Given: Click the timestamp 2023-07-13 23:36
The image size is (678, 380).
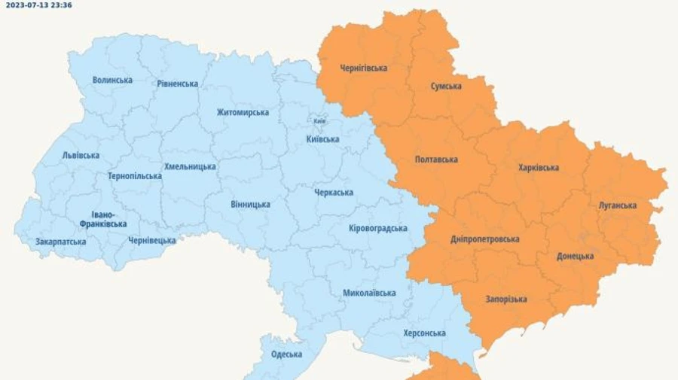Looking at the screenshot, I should coord(39,5).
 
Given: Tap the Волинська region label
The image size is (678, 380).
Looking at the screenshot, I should coord(112,80).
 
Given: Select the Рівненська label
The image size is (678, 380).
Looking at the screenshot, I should coord(178,84).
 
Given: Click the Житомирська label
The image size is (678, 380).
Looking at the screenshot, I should coord(243,112).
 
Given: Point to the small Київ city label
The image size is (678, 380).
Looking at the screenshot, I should coord(319,121).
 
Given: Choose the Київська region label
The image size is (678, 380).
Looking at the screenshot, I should coord(322,138).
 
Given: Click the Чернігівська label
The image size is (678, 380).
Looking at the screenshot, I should coord(363,68).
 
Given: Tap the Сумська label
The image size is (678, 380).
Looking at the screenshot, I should coord(446,86).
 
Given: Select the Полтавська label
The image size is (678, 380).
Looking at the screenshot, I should coord(436,160).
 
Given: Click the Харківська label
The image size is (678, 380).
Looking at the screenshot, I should coord(539,167).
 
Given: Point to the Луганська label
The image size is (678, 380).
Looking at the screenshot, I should coord(617,205).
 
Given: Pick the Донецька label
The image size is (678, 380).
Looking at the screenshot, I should coord(575,256).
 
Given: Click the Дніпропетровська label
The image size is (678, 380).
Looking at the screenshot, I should coord(484,239).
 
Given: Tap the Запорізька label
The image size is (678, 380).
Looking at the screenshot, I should coord(505,299).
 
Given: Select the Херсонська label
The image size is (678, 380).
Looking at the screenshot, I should coord(424,333).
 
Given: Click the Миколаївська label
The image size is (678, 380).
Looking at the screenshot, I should coord(369,293).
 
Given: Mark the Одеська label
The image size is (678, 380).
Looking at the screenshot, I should coord(286,354).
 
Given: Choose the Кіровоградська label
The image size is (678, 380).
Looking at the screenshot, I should coord(378,228).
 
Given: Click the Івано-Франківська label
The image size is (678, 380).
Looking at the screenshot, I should coord(103,219).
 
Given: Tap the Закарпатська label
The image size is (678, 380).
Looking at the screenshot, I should coord(60,242).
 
